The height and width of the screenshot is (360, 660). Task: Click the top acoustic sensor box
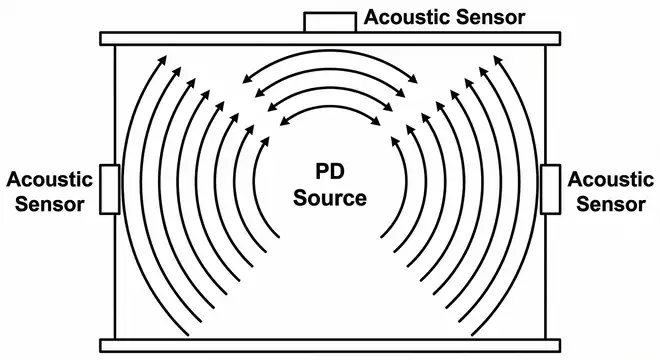coord(329,22)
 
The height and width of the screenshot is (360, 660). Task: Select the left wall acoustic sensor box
coord(110,188)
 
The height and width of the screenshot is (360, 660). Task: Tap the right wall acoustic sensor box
coord(551,188)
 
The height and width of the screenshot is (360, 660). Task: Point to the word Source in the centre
coord(329,197)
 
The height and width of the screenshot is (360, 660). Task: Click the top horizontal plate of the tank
coord(329,38)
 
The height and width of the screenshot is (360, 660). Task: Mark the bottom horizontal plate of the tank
coord(329,345)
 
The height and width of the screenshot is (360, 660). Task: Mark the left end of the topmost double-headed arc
coord(245,83)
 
